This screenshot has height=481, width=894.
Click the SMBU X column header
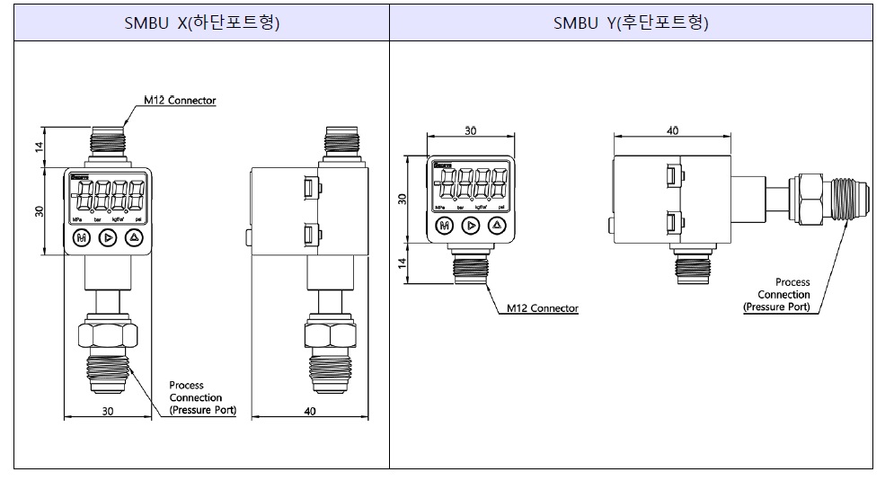pyautogui.click(x=202, y=24)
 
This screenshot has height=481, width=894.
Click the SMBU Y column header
pyautogui.click(x=631, y=24)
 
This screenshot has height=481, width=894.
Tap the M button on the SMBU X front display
pyautogui.click(x=82, y=237)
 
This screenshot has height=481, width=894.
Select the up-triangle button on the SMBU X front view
pyautogui.click(x=134, y=237)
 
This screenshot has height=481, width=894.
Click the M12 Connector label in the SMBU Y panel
pyautogui.click(x=542, y=308)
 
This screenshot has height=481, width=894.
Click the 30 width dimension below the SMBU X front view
pyautogui.click(x=108, y=412)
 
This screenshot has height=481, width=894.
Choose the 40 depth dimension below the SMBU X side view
pyautogui.click(x=310, y=412)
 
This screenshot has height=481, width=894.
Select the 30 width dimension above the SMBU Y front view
pyautogui.click(x=470, y=131)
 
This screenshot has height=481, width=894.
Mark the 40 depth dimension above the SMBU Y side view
pyautogui.click(x=672, y=131)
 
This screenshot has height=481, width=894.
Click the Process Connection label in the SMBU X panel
pyautogui.click(x=201, y=397)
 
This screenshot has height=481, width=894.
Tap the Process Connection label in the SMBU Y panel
pyautogui.click(x=777, y=294)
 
